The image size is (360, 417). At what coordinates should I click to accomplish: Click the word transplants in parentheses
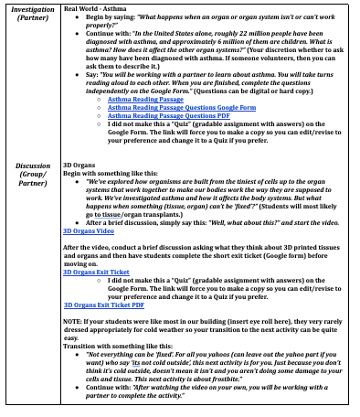[x=178, y=214]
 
